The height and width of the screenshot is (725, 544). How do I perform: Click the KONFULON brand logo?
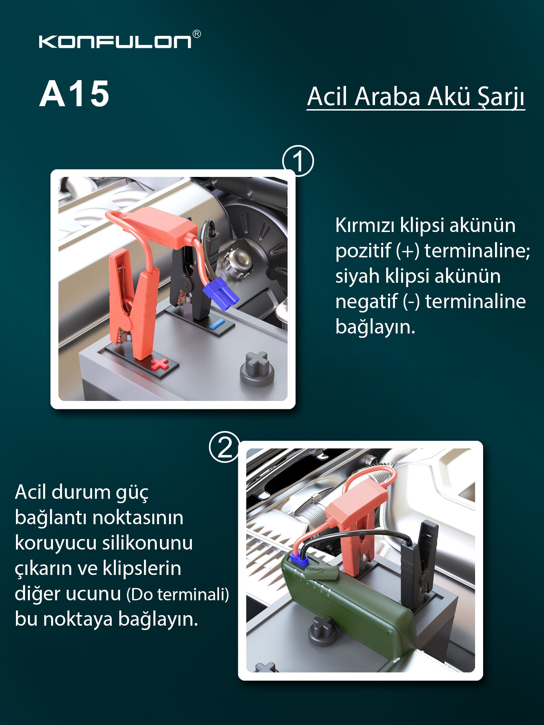coord(115,41)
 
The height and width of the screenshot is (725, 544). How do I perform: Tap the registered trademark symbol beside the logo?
coord(197,34)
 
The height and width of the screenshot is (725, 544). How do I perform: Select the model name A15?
coord(74,94)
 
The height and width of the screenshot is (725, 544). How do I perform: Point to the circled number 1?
coord(298,161)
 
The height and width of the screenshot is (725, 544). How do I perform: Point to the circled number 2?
coord(224,447)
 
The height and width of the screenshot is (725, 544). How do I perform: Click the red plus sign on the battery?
coord(160,364)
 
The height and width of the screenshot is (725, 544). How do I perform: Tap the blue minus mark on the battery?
coord(217,324)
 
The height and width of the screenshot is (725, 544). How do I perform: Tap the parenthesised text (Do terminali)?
coord(178,594)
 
